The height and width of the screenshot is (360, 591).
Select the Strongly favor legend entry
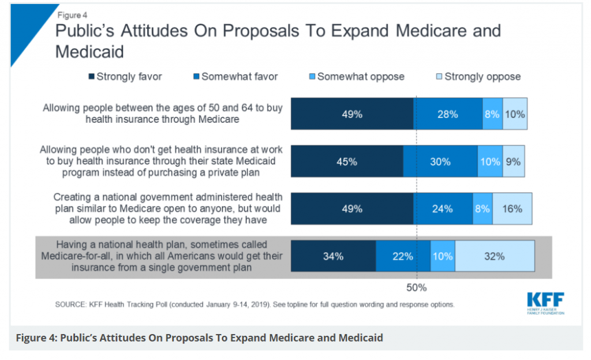click(x=125, y=77)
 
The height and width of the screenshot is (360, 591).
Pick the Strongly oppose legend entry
click(x=478, y=77)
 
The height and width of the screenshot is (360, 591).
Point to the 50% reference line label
click(x=416, y=287)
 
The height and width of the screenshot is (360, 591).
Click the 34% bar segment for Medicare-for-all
click(x=333, y=257)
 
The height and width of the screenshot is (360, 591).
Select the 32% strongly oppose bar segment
click(x=495, y=257)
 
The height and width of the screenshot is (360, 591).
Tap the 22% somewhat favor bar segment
click(x=403, y=257)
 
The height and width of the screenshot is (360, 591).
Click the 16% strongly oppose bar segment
click(x=512, y=209)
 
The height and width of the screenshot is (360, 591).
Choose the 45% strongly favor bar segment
click(x=347, y=162)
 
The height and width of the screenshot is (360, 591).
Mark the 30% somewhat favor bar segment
click(x=440, y=162)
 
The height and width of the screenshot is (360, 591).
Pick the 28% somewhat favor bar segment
click(x=448, y=114)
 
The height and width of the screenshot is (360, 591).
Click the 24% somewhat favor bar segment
click(x=443, y=209)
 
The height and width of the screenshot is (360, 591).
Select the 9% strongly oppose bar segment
click(x=514, y=162)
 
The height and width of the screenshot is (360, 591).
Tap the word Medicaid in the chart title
click(x=89, y=51)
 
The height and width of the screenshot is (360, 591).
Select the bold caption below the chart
click(x=199, y=337)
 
